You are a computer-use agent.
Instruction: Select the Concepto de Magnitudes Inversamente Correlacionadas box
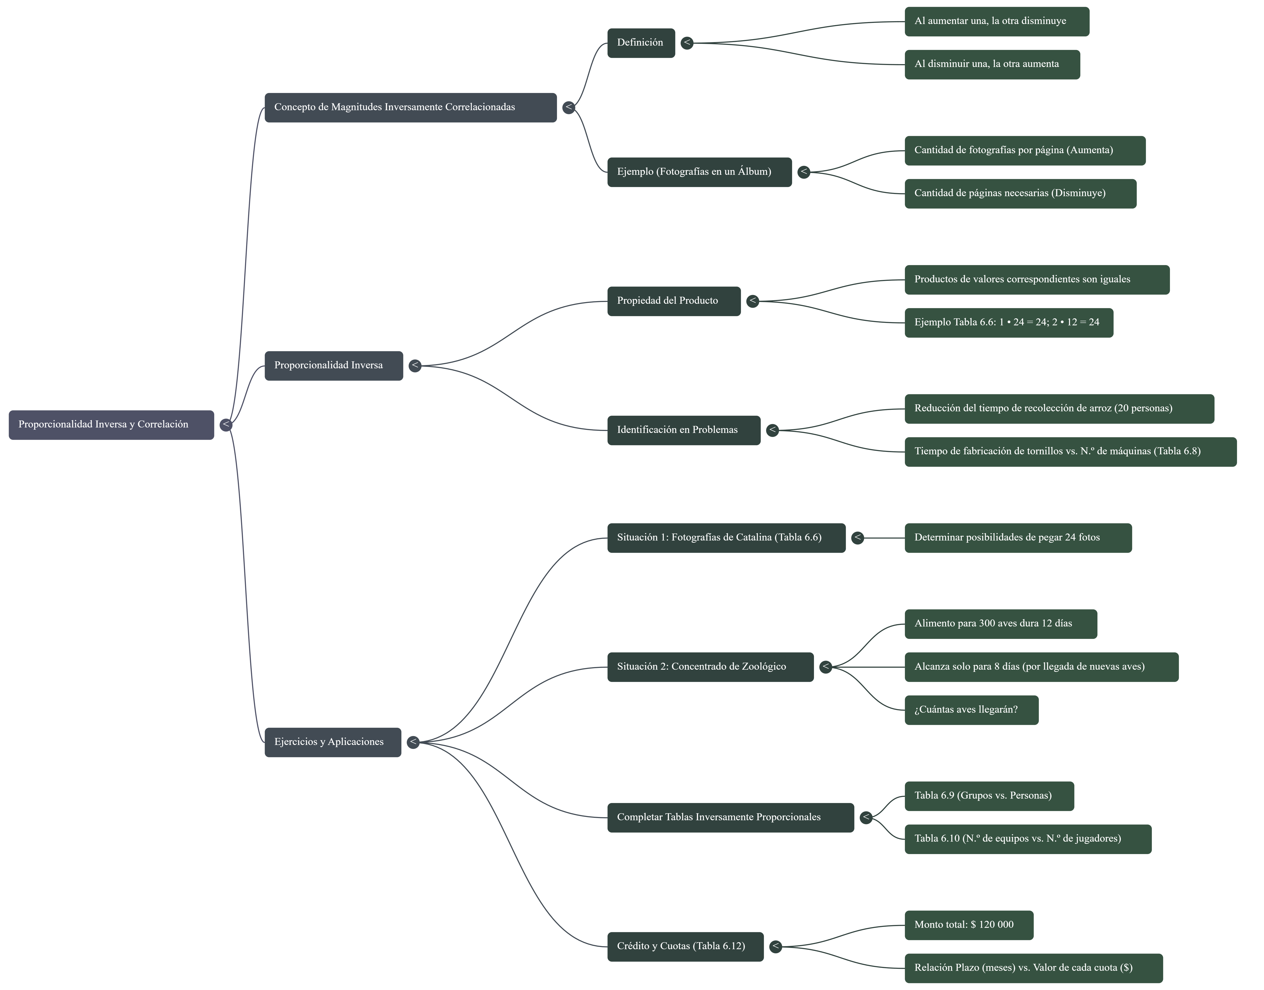click(x=410, y=107)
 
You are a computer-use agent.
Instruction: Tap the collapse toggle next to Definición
click(x=687, y=43)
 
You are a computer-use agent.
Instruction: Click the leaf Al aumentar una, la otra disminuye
click(x=996, y=21)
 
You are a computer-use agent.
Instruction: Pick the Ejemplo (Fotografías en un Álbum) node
click(x=699, y=172)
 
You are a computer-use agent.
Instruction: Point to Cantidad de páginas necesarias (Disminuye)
click(x=1020, y=194)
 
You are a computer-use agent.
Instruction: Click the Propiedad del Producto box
click(x=673, y=301)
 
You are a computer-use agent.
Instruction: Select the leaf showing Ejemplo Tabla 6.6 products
click(x=1008, y=323)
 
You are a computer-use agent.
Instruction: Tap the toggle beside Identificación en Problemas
click(x=772, y=430)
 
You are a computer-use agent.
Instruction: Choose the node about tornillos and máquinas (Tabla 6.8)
click(x=1070, y=451)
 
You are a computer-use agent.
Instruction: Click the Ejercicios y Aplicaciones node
click(x=333, y=742)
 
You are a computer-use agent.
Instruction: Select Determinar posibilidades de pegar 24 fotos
click(x=1018, y=538)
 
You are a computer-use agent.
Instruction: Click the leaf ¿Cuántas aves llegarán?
click(x=971, y=710)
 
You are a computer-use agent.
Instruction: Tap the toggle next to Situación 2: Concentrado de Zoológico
click(x=825, y=667)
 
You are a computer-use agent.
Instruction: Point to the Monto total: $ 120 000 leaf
click(x=968, y=925)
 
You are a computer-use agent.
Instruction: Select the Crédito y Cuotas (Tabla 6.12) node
click(x=685, y=947)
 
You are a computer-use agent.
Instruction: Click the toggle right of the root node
click(x=226, y=425)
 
